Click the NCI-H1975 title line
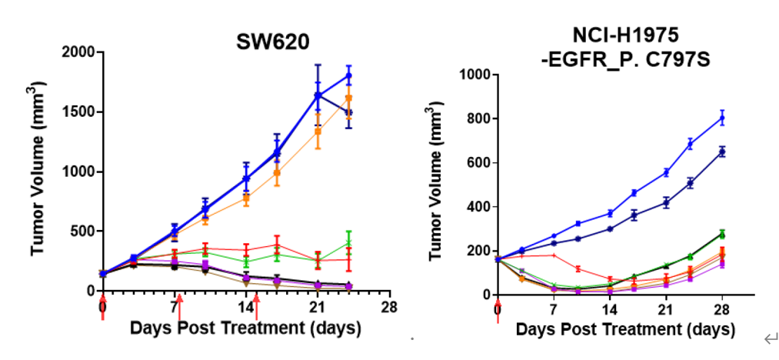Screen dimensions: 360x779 (619, 35)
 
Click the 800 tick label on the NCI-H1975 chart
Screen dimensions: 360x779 (475, 119)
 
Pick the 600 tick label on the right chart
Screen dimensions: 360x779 (475, 163)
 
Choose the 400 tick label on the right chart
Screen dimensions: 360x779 (475, 207)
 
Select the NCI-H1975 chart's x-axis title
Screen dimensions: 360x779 (625, 331)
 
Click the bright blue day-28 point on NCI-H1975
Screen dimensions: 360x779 (721, 118)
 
